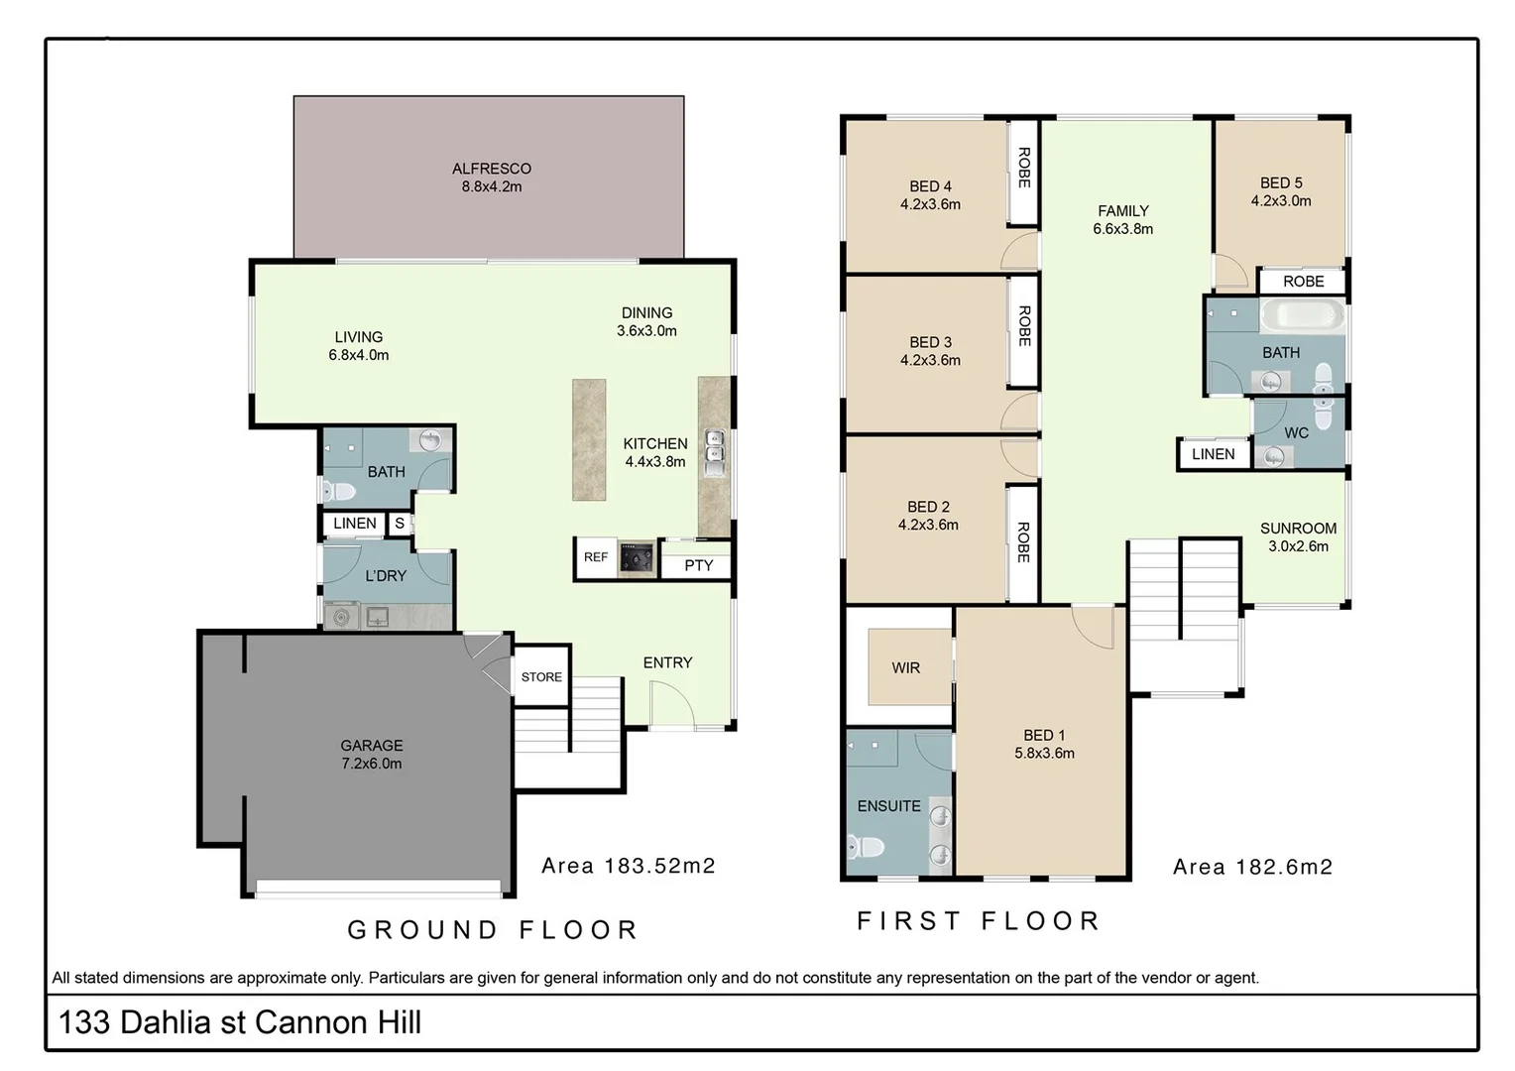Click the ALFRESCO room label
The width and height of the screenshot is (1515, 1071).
coord(491,170)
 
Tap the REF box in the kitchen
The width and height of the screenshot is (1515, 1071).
coord(596,557)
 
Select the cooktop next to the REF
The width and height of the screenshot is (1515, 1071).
coord(636,558)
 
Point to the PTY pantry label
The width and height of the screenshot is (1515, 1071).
coord(698,565)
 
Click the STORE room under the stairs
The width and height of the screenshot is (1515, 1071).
coord(541,677)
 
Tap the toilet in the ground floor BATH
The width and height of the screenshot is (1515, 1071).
coord(338,491)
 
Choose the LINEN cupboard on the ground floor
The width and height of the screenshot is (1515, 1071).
coord(354,524)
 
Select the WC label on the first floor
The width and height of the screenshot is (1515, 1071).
coord(1296,433)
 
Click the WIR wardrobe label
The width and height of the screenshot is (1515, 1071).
coord(905,668)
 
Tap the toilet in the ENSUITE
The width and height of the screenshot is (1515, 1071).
coord(867,848)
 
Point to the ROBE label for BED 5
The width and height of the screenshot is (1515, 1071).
coord(1303,282)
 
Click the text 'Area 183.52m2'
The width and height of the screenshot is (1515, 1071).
coord(628,866)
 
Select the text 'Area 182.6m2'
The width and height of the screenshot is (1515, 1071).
coord(1252,868)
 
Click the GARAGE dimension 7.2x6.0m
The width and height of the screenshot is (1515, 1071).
coord(372,764)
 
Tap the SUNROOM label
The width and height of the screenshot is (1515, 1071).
coord(1298,529)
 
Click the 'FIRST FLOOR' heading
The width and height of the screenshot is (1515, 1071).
coord(979,921)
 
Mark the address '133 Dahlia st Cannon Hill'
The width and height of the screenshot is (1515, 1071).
coord(240,1022)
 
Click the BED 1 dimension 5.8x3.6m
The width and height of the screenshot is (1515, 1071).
coord(1044,753)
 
